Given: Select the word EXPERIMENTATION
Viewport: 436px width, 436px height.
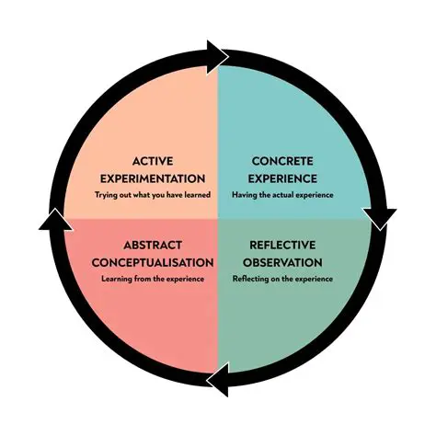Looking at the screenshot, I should [153, 178].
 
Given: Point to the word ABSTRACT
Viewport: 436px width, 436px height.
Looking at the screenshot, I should [153, 247].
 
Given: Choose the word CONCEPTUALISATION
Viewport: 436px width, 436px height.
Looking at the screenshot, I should [153, 262].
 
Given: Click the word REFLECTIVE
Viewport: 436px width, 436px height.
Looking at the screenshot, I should [282, 247].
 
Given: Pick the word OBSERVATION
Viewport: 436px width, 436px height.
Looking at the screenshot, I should [282, 262].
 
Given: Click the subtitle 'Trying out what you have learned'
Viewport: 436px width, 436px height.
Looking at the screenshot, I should [153, 195].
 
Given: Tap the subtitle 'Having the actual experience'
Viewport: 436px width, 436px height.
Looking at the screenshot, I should [282, 195].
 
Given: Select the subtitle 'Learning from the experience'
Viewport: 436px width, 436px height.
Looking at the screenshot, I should [153, 279].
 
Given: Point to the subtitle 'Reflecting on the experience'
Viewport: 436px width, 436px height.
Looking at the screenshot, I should [282, 279].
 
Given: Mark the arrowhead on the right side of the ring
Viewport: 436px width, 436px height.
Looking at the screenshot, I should [379, 219].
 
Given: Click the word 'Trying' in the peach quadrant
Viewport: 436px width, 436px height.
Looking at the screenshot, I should [105, 195].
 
